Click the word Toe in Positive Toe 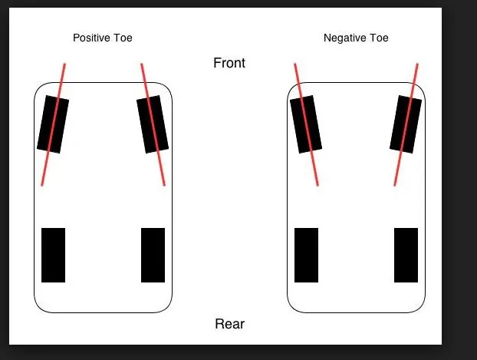point(123,38)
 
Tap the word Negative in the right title point(344,38)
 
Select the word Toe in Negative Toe point(379,38)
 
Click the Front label point(229,63)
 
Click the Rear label point(229,324)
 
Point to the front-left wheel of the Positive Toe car point(53,124)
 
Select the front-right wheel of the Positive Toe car point(153,124)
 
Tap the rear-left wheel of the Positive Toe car point(53,256)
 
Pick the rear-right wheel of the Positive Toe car point(153,256)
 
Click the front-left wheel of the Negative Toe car point(306,124)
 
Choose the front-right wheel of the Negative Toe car point(406,124)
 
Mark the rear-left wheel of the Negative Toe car point(306,256)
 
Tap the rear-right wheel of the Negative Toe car point(406,256)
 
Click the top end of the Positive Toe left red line point(64,64)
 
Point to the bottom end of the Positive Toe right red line point(165,185)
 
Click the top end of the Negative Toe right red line point(417,64)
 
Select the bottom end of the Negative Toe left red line point(318,185)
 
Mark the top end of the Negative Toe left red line point(294,64)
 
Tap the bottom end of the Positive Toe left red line point(42,185)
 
